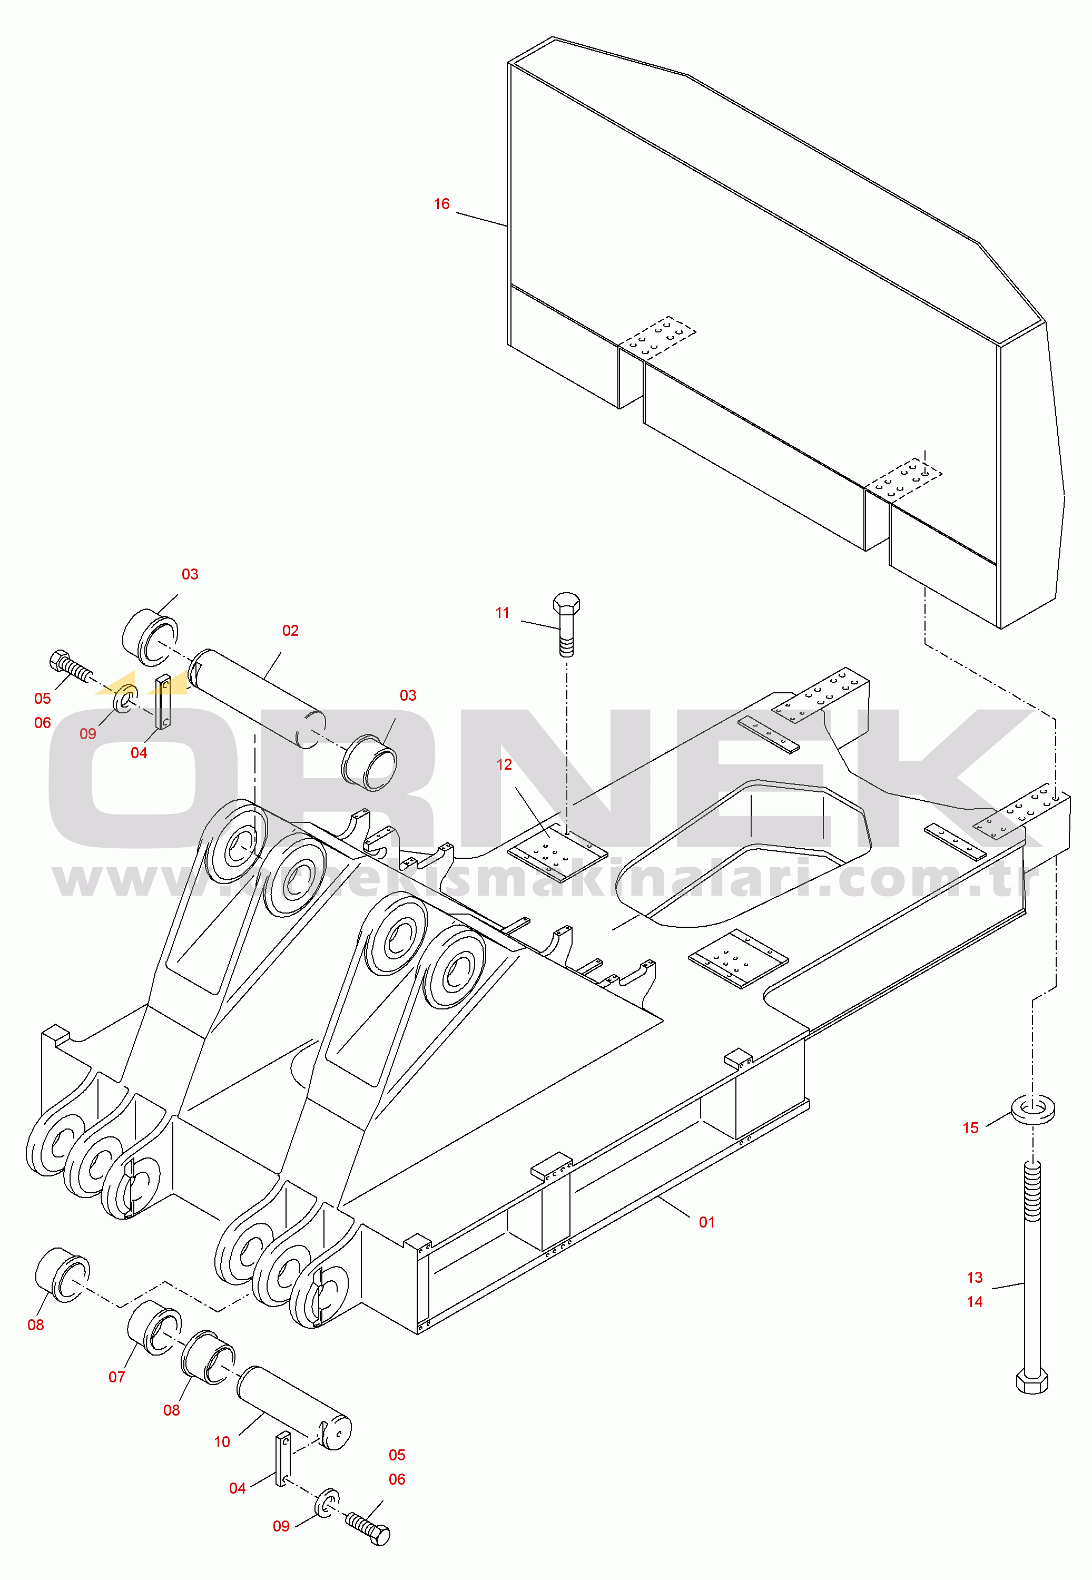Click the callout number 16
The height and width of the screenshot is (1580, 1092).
441,204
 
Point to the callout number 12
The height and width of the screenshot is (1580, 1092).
504,764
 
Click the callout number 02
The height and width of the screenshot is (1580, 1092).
290,631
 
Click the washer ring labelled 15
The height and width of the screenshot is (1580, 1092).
1032,1109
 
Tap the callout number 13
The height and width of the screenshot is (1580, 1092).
975,1278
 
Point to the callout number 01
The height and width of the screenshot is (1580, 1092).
707,1222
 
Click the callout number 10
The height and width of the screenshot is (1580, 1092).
222,1442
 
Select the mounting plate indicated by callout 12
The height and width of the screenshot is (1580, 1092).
558,852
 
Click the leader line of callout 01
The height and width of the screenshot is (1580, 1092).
674,1207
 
